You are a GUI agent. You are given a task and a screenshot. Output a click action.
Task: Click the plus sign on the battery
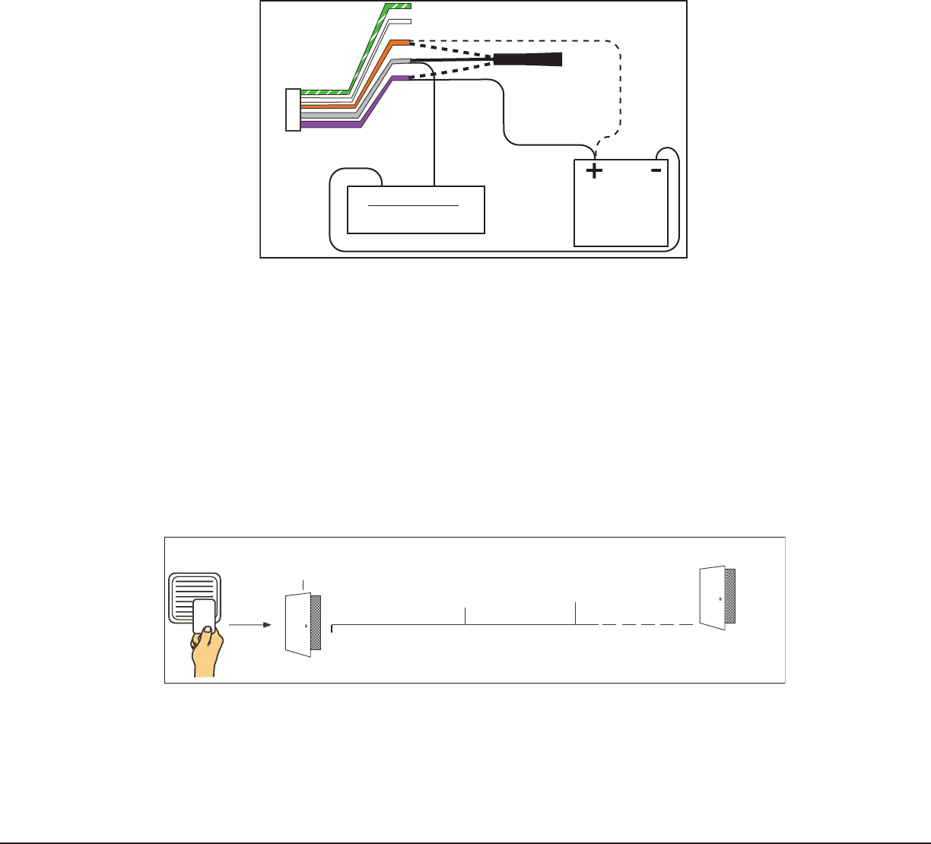593,171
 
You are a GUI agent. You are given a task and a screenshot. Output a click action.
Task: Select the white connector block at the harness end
293,109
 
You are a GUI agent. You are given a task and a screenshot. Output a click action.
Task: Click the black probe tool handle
528,59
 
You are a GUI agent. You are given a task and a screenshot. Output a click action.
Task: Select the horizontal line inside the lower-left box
414,205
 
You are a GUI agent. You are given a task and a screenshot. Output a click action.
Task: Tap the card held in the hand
204,615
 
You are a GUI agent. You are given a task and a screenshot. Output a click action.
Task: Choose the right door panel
712,598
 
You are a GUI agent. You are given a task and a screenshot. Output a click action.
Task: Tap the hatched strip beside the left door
316,623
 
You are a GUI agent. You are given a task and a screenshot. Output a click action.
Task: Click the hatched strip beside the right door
730,596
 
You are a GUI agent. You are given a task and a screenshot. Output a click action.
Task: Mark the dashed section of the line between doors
647,625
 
